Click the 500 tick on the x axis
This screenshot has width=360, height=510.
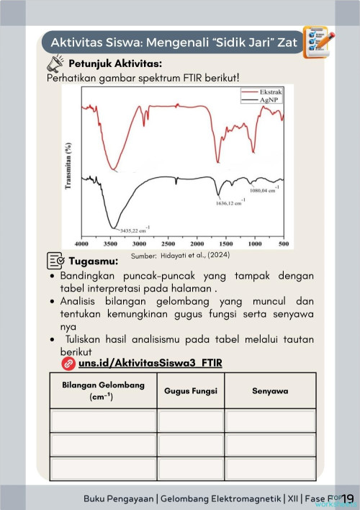284,244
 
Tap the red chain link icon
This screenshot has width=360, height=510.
69,362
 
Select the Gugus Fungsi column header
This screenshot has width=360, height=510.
191,390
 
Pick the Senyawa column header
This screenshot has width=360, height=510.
270,390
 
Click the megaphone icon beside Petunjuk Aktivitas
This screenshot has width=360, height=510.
55,65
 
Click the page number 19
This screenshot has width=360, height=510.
347,498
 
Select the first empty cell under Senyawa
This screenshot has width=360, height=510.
270,421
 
